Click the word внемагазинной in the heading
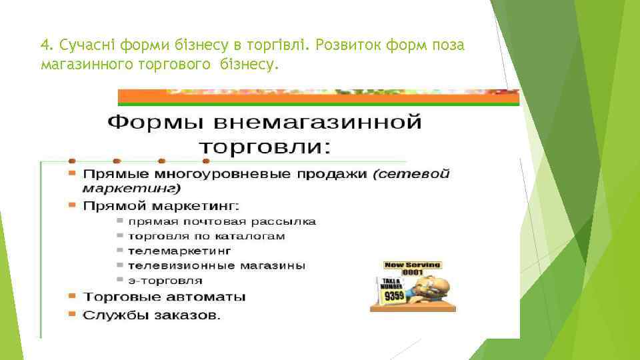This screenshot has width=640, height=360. click(317, 123)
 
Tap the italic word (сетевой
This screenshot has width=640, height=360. click(411, 174)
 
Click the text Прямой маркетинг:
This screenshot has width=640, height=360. click(161, 205)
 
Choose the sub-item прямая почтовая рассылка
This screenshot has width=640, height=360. click(223, 221)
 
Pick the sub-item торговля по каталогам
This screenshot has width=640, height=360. click(207, 236)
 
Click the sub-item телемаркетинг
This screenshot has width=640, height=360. click(180, 251)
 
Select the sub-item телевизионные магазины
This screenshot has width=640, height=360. click(217, 265)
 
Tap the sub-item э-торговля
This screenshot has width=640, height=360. click(165, 279)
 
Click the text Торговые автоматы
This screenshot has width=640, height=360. click(164, 296)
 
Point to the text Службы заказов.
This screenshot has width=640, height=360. click(152, 314)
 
